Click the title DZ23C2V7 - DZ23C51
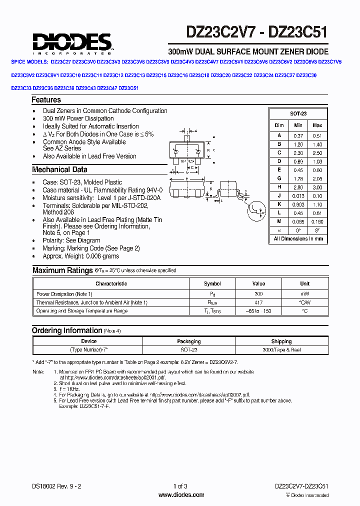[257, 32]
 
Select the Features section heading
[46, 100]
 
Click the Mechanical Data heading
[59, 169]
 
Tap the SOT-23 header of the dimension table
[298, 114]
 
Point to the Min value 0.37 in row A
[298, 135]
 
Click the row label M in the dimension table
[279, 221]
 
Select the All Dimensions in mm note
[298, 239]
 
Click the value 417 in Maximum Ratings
[258, 302]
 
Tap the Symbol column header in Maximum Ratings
[212, 284]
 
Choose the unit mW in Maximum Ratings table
[304, 294]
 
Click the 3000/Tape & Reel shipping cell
[281, 350]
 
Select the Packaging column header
[189, 341]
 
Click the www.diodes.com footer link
[180, 495]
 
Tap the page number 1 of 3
[180, 486]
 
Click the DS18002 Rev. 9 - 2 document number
[54, 486]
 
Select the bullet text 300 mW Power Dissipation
[78, 118]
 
